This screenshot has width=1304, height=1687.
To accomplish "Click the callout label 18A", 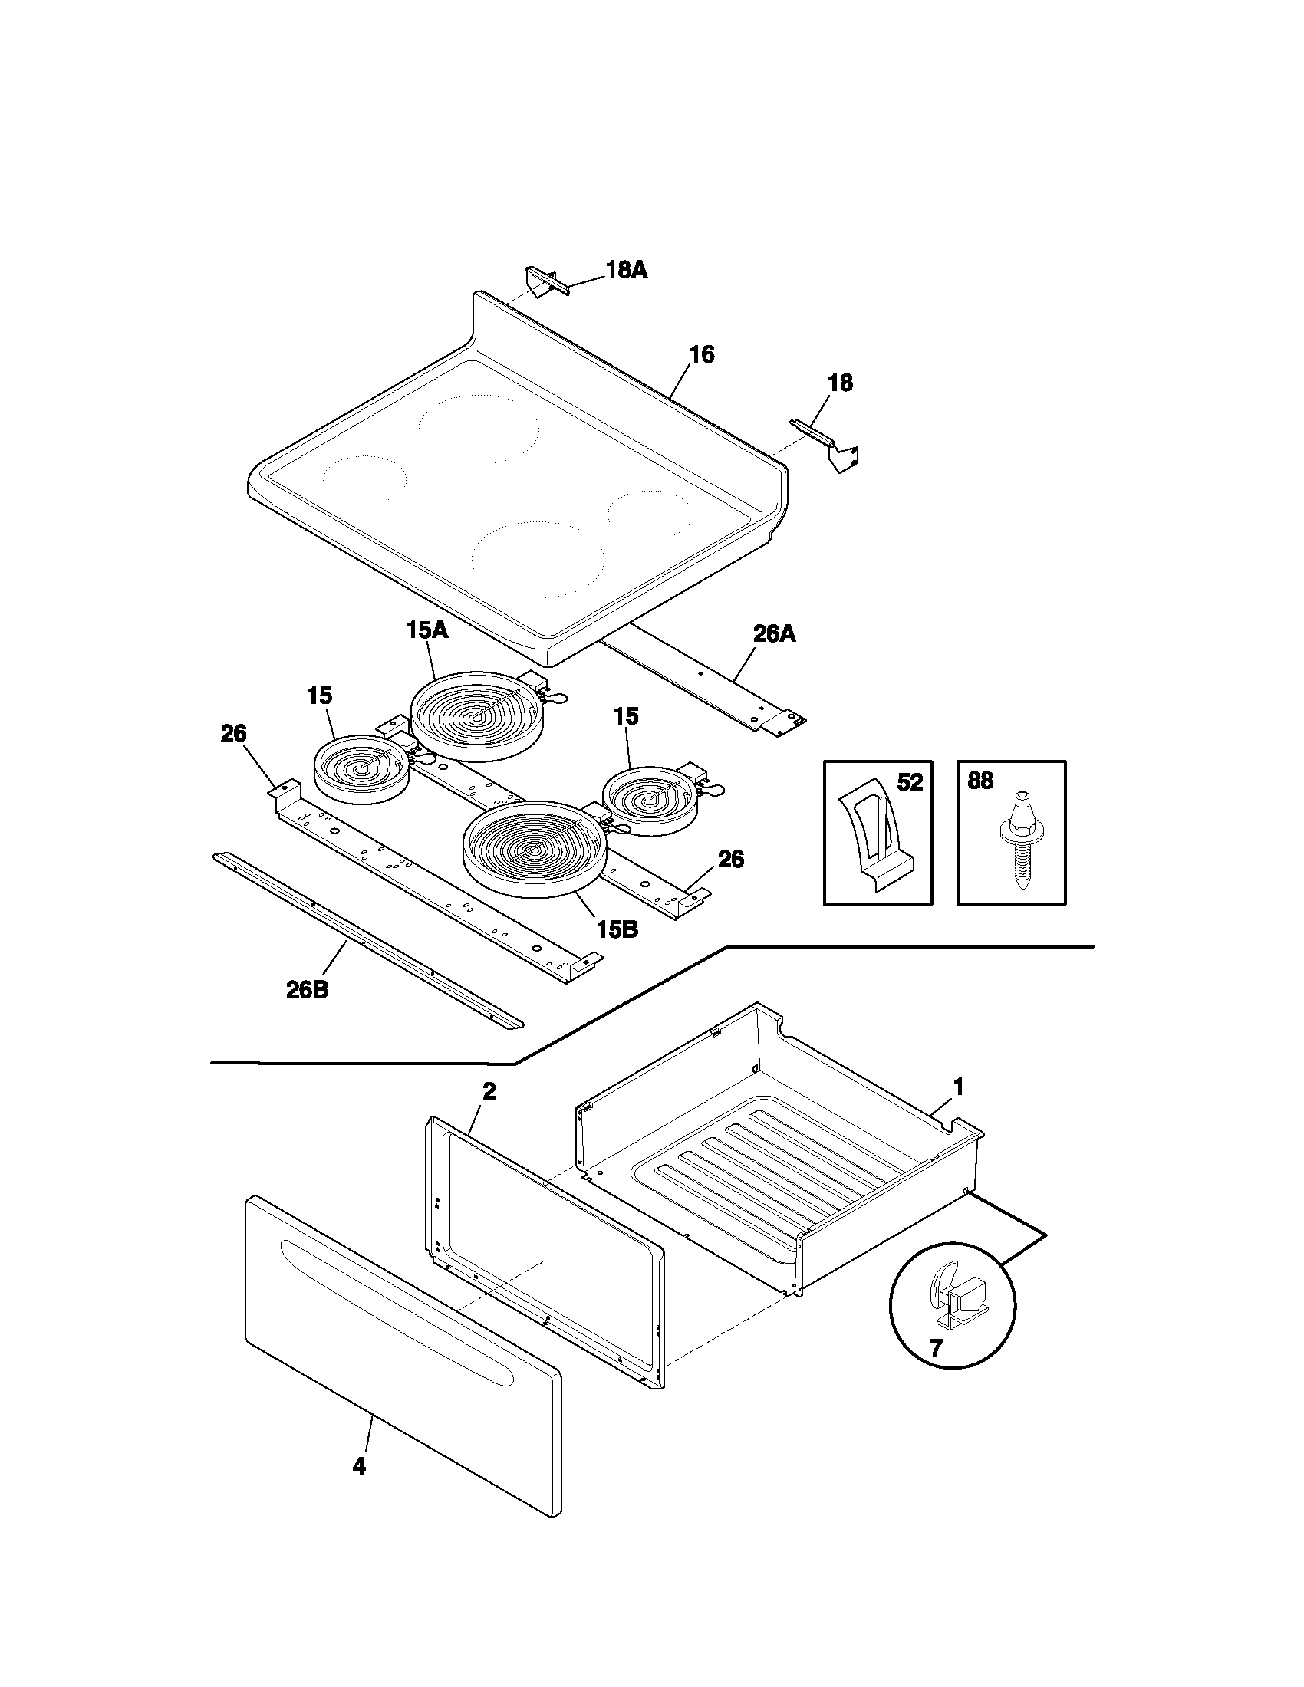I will (626, 270).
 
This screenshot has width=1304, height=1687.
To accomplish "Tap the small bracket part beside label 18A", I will (546, 281).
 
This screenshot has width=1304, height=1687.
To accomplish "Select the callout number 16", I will (701, 354).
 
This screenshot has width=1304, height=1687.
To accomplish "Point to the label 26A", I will (774, 634).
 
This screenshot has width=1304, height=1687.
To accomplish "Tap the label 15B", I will (617, 931).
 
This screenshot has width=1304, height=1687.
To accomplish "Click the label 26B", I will (307, 990).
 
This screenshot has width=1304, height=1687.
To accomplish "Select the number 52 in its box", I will (910, 782).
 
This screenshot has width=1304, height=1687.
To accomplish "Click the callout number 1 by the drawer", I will (958, 1087).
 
